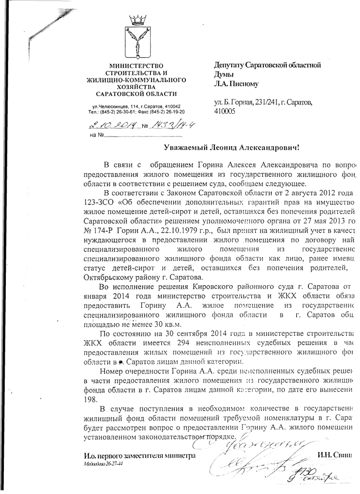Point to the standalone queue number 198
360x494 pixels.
90,399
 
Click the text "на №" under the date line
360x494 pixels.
97,135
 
